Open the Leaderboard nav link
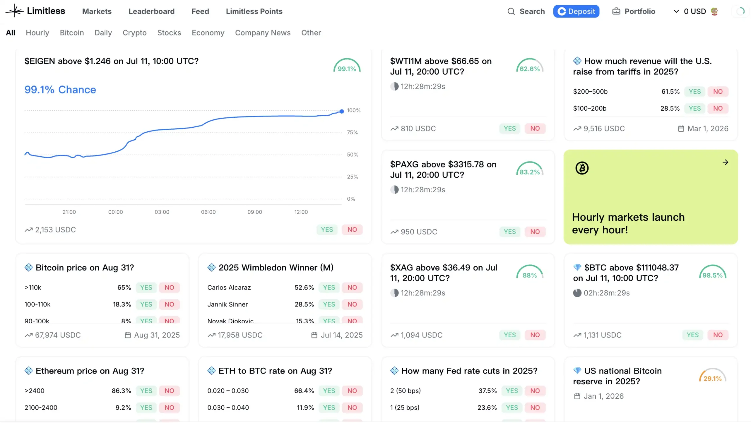tap(151, 11)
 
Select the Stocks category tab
tap(169, 33)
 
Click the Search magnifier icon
tap(511, 11)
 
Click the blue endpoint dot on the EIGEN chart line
tap(341, 111)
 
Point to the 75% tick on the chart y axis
tap(352, 133)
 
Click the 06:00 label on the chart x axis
tap(208, 212)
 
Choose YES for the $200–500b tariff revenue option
tap(694, 92)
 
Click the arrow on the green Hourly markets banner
tap(725, 162)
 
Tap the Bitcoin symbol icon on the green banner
tap(581, 168)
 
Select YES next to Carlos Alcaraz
tap(329, 287)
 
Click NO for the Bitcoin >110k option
tap(169, 287)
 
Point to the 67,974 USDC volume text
tap(58, 335)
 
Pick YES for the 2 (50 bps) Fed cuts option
tap(511, 391)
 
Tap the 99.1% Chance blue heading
tap(60, 90)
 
